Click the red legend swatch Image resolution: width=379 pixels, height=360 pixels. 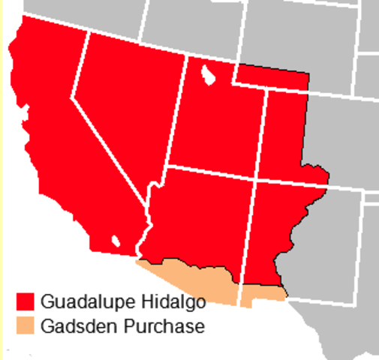26,301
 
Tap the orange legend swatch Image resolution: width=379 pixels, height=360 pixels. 26,326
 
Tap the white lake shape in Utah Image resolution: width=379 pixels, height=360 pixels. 208,76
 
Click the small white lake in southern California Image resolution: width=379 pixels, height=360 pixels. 116,241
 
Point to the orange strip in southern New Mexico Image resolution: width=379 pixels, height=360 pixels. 263,293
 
